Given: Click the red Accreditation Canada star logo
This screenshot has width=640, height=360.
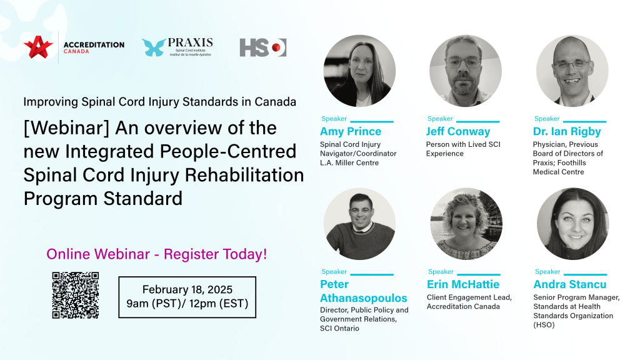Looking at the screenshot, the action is [38, 47].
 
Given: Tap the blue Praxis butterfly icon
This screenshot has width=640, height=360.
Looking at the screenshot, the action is [154, 47].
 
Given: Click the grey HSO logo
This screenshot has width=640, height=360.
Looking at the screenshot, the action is [263, 47].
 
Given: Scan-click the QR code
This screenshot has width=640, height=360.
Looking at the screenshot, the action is [76, 295].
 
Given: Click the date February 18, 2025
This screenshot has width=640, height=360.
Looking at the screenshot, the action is [187, 289].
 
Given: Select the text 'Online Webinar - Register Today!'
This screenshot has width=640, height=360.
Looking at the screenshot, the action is [157, 254].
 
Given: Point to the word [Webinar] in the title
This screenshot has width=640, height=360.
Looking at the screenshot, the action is [66, 128].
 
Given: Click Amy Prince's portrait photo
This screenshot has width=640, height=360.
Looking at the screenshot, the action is [359, 71].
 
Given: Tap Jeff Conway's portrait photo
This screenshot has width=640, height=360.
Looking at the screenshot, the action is [465, 71].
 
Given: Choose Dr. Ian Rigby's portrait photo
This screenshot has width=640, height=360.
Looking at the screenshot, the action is [572, 71].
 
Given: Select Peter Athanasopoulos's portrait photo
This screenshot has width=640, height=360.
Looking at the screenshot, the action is [359, 224].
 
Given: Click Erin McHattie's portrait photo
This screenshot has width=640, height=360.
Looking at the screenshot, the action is [466, 224].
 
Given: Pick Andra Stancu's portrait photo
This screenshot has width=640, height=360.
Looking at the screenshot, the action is [572, 224].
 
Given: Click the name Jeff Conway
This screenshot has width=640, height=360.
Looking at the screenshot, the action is [458, 131].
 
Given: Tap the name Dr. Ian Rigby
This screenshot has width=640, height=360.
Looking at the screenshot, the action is [567, 131].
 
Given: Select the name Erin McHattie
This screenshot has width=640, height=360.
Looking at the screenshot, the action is [463, 284].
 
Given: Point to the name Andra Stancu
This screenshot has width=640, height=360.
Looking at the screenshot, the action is [570, 284].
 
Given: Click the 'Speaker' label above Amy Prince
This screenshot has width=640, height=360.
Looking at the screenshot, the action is [334, 119].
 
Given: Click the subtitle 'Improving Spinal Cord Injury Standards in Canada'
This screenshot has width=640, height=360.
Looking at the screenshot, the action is [159, 102].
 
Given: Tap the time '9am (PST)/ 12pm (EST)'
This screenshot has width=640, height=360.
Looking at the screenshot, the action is [187, 304].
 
